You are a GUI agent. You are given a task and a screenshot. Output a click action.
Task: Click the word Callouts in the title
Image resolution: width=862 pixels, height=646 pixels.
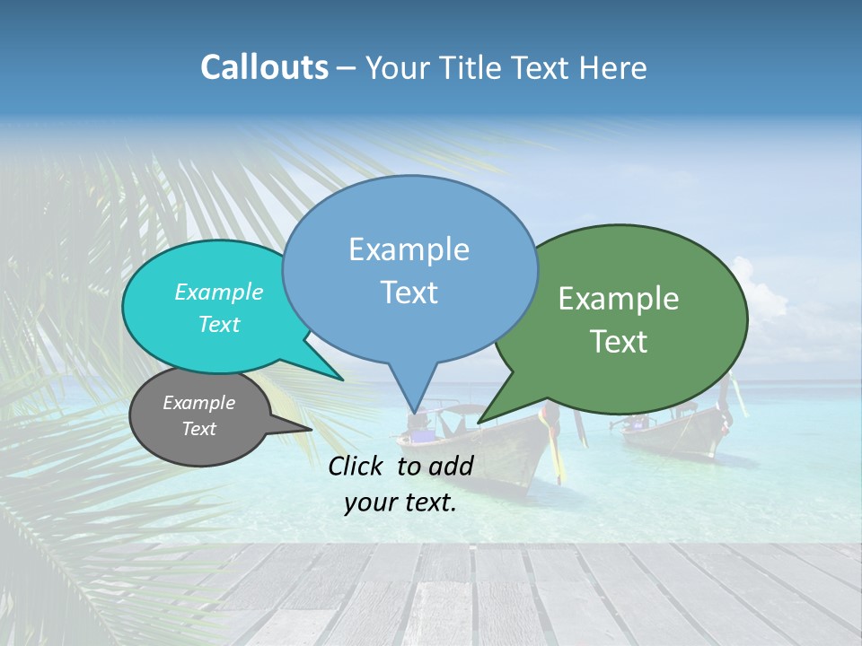264,67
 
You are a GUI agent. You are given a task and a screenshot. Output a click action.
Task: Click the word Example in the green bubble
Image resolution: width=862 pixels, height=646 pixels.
619,299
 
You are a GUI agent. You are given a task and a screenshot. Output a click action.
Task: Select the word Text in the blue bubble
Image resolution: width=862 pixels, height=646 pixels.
409,292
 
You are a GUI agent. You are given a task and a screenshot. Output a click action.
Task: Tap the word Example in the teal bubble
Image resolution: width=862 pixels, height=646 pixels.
219,292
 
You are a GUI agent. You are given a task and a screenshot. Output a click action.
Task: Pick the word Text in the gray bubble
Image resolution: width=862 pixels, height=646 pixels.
199,429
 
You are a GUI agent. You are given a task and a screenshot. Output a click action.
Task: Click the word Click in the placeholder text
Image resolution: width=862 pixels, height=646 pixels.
356,466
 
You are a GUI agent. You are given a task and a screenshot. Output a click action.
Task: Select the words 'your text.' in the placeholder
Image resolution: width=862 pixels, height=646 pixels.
400,503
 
